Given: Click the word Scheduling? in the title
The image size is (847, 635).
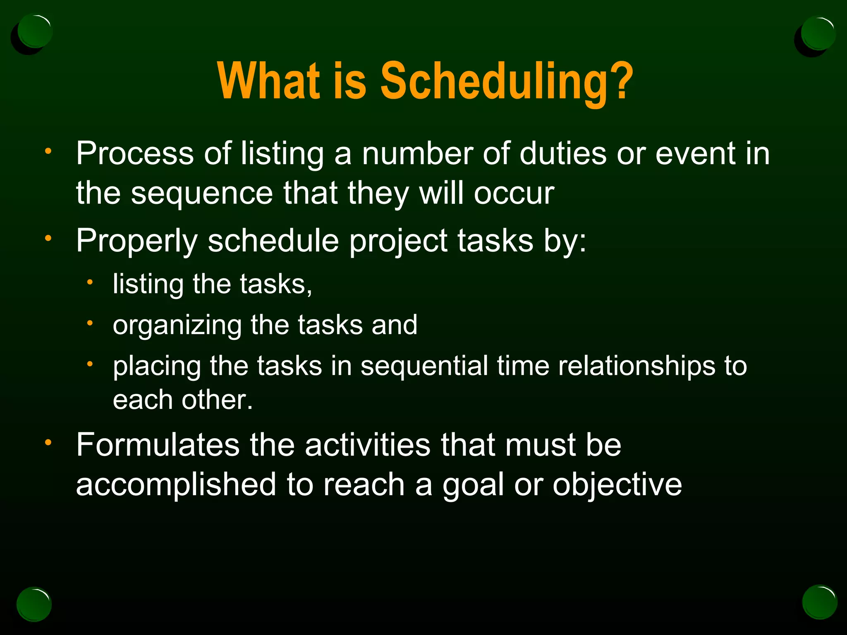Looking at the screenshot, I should click(x=507, y=81).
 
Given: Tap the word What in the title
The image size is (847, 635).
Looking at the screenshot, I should click(x=269, y=81).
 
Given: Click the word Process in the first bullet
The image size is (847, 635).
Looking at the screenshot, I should click(x=134, y=154).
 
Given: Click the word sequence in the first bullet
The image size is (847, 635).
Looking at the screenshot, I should click(x=202, y=193).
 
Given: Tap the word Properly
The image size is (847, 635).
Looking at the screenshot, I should click(x=137, y=241).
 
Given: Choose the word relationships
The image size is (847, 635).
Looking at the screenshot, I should click(x=636, y=366).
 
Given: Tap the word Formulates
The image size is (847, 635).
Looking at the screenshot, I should click(x=158, y=445).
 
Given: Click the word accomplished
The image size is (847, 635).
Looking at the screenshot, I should click(x=176, y=485).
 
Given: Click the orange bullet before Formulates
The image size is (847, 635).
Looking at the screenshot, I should click(x=48, y=443).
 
